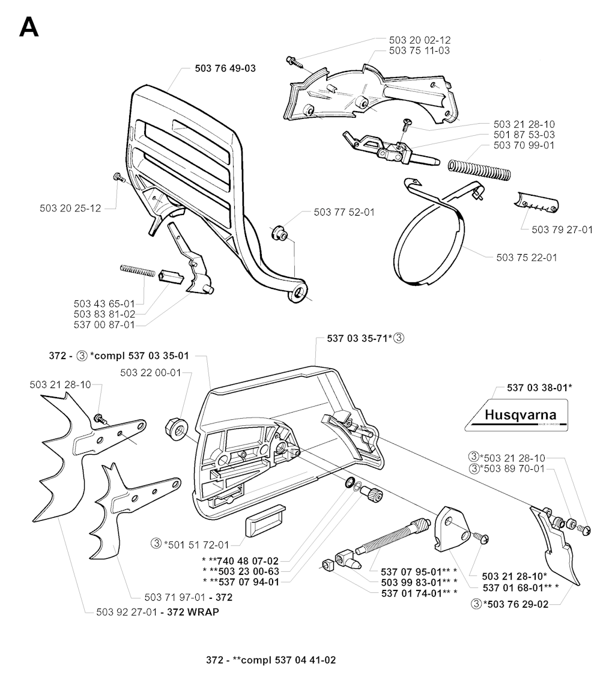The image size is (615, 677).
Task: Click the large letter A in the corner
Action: (29, 28)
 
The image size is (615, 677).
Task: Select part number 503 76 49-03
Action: (225, 68)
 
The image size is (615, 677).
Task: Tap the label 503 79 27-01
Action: (562, 229)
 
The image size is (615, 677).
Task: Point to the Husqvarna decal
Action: (516, 415)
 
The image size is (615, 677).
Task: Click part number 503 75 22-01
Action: (527, 257)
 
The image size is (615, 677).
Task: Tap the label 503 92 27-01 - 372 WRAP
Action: (157, 612)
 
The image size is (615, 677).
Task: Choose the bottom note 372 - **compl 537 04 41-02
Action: (271, 660)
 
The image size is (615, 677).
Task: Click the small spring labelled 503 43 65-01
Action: (138, 271)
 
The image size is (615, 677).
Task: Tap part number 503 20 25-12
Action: (70, 208)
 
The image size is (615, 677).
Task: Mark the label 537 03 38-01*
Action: (539, 387)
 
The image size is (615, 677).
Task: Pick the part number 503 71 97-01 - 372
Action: (189, 597)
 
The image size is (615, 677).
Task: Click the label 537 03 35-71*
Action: (360, 339)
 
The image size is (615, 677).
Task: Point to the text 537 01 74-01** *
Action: (419, 594)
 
